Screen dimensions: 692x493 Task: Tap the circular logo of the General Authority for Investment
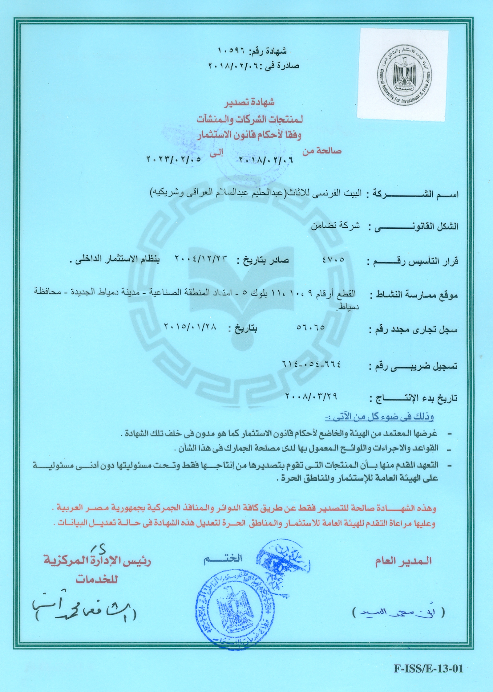[x=403, y=74]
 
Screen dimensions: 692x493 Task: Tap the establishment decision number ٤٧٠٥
[x=333, y=260]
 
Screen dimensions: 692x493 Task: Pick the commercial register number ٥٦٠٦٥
[x=311, y=328]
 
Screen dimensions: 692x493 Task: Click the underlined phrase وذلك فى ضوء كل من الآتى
[x=380, y=418]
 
